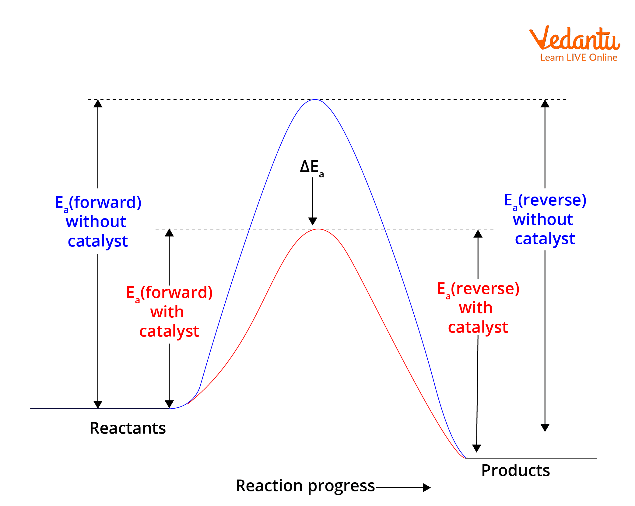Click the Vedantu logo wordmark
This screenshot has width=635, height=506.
574,39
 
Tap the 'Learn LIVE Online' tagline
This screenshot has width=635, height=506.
578,58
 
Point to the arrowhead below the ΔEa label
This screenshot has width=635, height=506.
313,221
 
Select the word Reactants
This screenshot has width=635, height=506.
128,428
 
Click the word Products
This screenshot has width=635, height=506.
516,470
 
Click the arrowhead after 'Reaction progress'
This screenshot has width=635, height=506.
426,488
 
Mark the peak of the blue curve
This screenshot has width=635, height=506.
315,100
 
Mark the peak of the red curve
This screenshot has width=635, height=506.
318,229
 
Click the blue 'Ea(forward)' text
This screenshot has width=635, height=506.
98,203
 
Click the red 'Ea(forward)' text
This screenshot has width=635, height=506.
170,293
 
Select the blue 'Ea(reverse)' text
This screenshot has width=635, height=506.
545,201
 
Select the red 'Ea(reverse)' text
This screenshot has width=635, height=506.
478,289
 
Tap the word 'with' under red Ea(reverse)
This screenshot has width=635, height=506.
475,308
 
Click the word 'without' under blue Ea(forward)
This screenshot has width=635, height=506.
96,222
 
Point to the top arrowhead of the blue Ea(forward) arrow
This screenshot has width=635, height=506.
98,104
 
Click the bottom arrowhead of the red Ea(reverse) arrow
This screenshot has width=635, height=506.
476,448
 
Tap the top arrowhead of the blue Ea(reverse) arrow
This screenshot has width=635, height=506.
545,104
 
